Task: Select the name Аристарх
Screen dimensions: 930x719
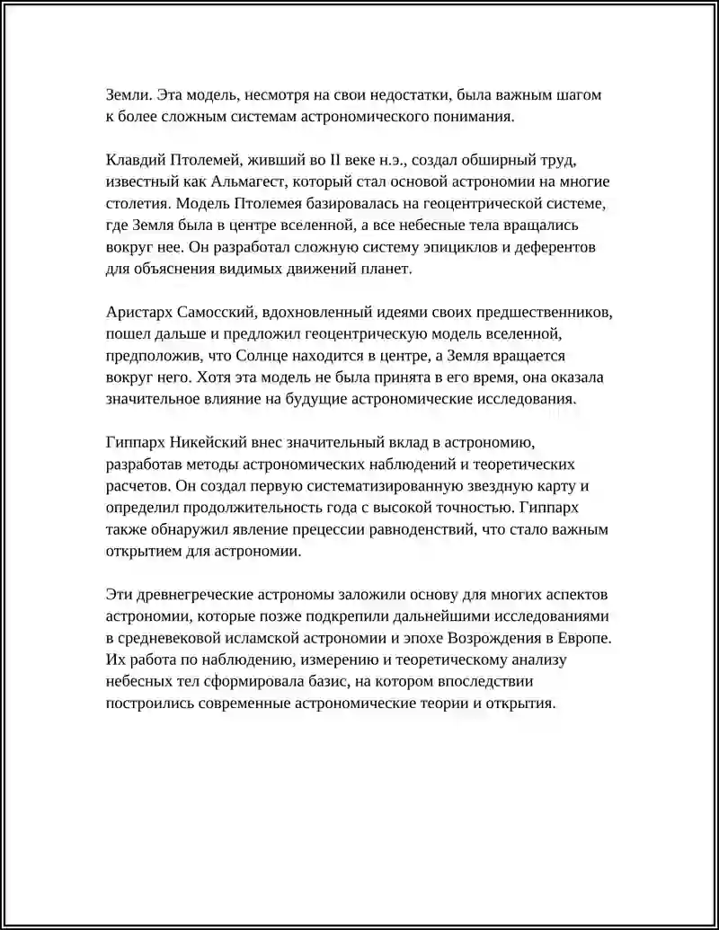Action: pyautogui.click(x=138, y=312)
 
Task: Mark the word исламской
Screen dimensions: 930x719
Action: pyautogui.click(x=262, y=638)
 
